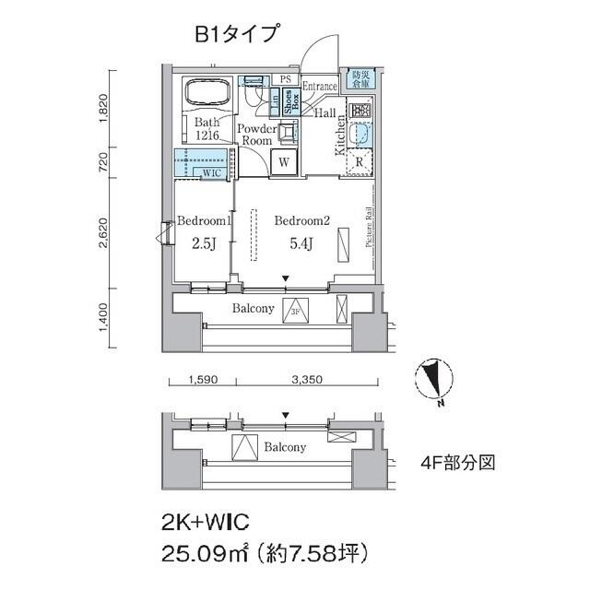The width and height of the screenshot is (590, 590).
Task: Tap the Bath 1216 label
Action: [207, 129]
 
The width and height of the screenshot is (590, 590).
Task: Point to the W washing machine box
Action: [285, 161]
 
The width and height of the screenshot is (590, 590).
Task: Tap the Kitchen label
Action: [340, 135]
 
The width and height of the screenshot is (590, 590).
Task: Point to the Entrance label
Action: [319, 87]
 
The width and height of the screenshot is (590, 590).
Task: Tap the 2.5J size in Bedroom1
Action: [203, 243]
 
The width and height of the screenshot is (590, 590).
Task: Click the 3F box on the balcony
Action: [296, 310]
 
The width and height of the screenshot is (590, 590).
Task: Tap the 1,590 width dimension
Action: [203, 379]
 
